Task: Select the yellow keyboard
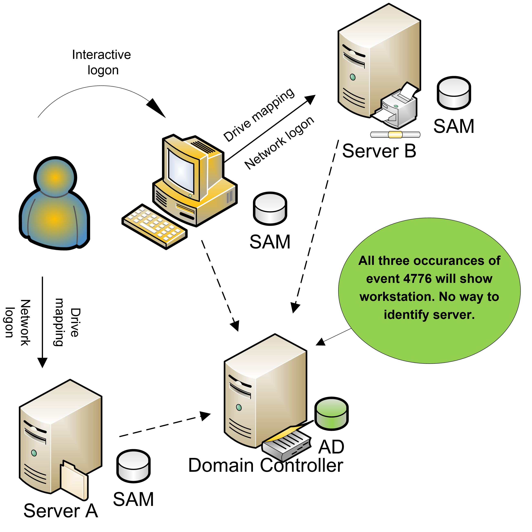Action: (154, 226)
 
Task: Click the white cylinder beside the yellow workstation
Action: (270, 209)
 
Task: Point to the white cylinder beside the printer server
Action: (454, 93)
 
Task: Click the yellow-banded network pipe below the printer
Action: (395, 135)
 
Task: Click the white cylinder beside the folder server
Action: (133, 466)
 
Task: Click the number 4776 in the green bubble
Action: (417, 279)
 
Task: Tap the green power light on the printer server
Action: (352, 77)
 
